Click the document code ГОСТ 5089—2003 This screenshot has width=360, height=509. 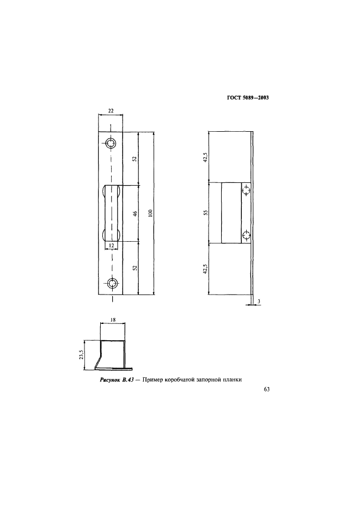point(248,97)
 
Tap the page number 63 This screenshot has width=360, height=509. point(266,390)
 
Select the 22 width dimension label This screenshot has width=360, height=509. point(111,111)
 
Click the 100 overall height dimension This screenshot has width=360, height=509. point(151,213)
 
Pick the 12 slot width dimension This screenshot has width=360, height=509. point(111,246)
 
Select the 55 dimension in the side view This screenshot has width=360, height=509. point(205,213)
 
